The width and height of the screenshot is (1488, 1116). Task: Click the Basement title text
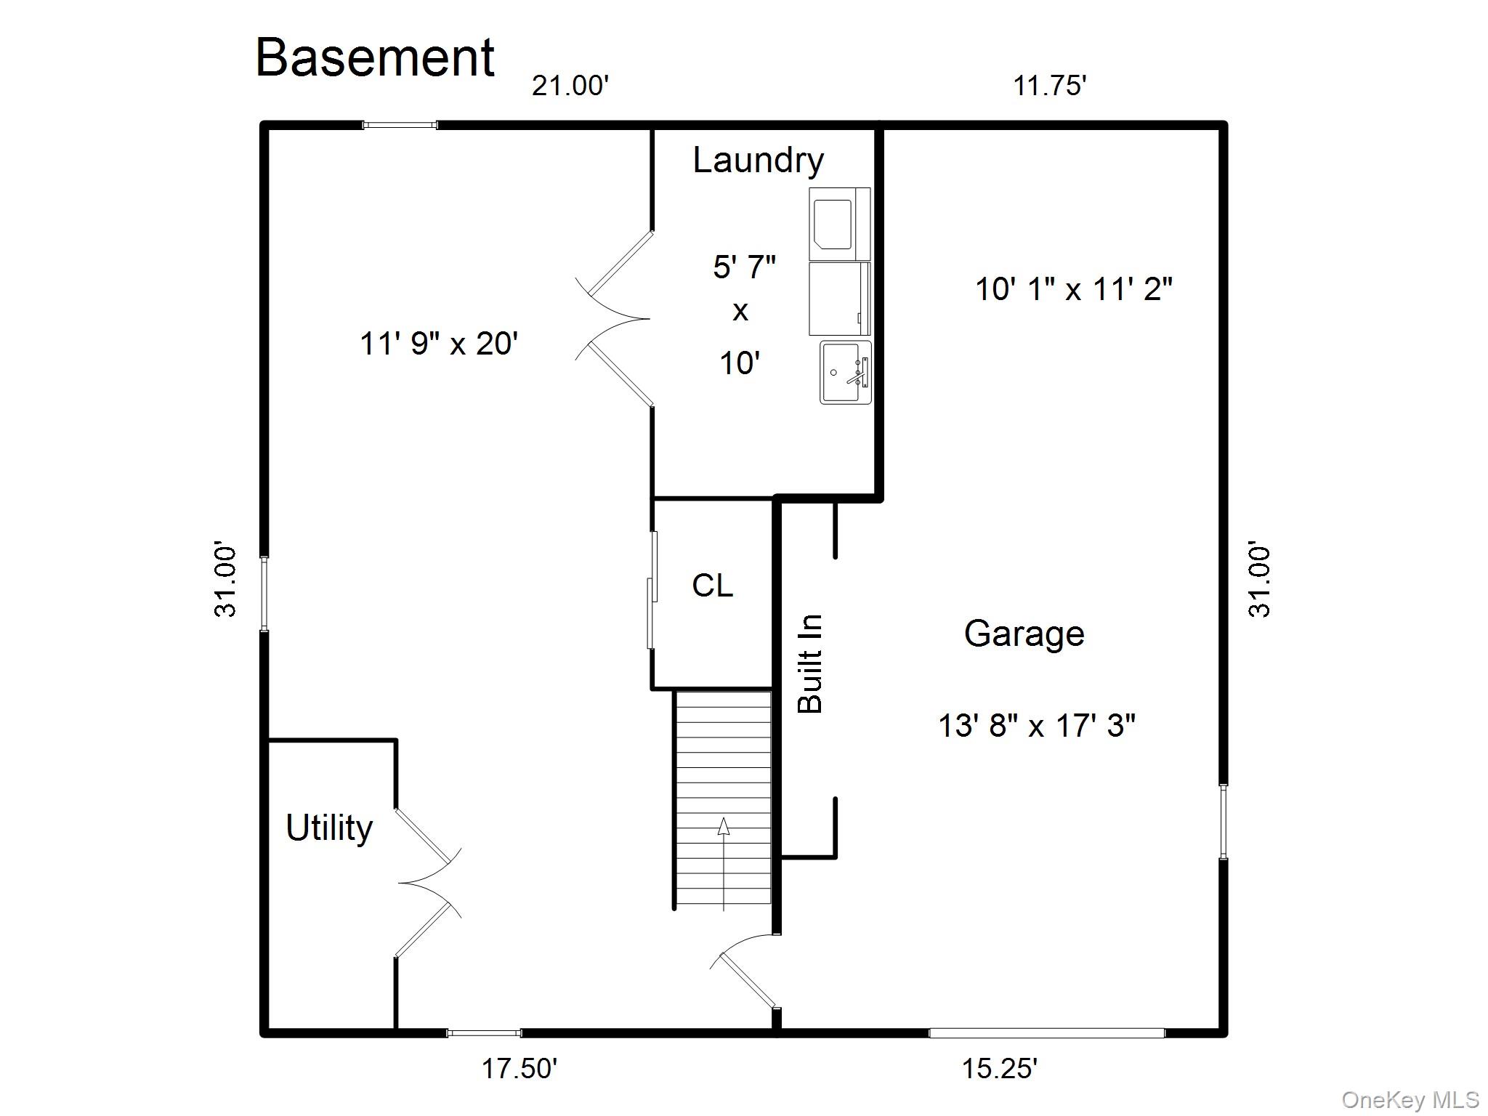click(375, 57)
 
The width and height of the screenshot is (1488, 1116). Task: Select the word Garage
click(1024, 634)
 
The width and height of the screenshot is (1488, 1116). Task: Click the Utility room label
click(329, 828)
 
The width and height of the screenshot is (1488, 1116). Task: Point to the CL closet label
click(713, 585)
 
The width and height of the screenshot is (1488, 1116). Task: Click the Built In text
click(810, 663)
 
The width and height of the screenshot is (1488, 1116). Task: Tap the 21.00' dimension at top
click(570, 86)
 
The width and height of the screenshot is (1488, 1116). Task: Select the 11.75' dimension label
click(1049, 86)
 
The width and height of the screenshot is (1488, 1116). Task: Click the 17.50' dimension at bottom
click(519, 1068)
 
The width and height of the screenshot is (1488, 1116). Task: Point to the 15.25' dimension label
click(1000, 1068)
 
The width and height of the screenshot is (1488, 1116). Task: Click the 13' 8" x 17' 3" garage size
click(1037, 725)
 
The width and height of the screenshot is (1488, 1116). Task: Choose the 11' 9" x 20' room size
click(439, 343)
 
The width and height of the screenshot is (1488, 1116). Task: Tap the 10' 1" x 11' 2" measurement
click(1073, 289)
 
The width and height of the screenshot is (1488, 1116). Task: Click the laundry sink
click(846, 372)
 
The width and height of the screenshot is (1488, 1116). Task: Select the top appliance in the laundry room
click(840, 223)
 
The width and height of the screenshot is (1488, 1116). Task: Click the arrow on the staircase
click(724, 863)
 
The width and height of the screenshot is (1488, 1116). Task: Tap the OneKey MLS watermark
click(1410, 1100)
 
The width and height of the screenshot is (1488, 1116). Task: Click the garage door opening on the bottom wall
click(1047, 1032)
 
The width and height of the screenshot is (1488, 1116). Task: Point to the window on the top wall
click(400, 125)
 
